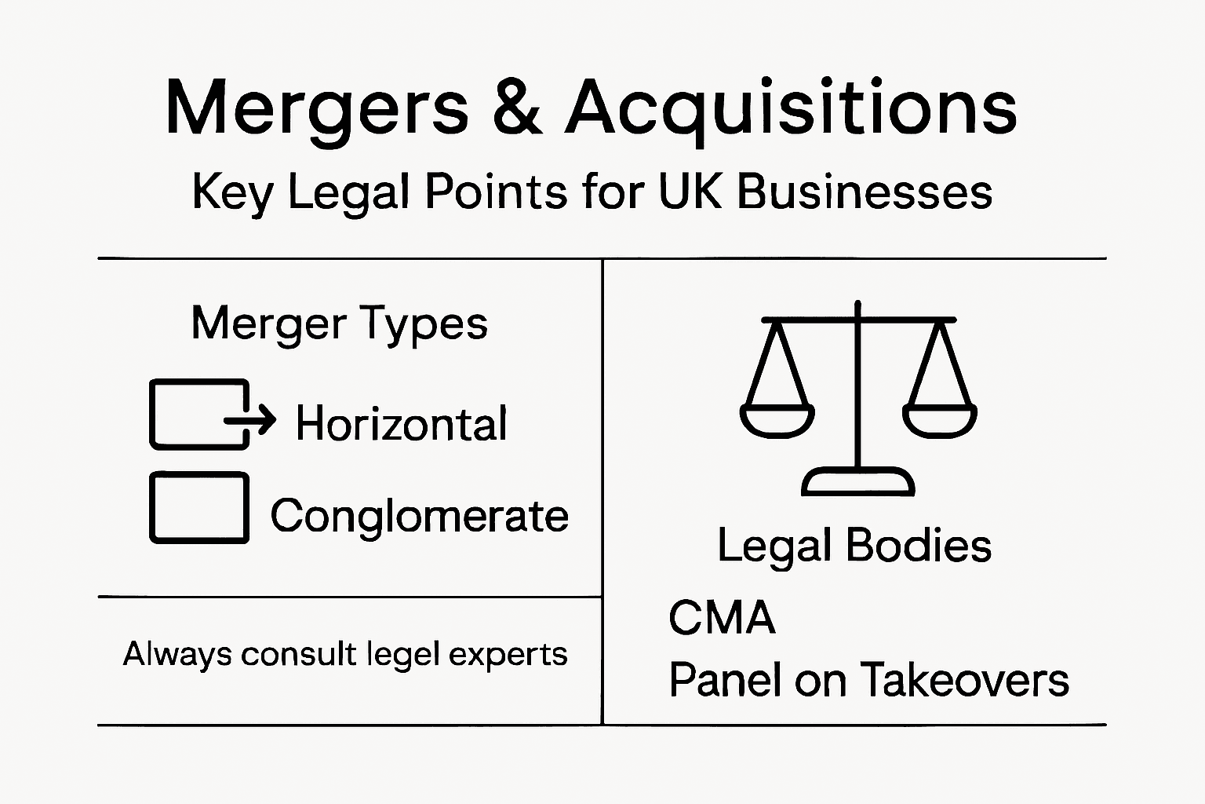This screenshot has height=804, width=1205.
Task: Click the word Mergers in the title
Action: [x=317, y=108]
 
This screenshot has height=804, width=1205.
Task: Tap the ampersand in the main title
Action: [x=517, y=107]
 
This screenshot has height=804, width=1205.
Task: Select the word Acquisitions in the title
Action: [x=791, y=108]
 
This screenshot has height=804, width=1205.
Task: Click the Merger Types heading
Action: [x=339, y=323]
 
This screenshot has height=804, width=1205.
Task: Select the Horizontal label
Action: [x=401, y=424]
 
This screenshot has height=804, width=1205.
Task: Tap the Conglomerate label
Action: [x=419, y=516]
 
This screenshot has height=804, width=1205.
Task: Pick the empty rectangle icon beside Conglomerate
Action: [x=199, y=507]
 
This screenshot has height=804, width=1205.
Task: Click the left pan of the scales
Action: [x=777, y=420]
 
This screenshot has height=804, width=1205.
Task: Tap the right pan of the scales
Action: [x=939, y=420]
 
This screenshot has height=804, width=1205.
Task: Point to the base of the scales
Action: [x=857, y=481]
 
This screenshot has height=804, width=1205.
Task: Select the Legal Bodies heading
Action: [x=854, y=546]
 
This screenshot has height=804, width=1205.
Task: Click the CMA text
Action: [x=722, y=618]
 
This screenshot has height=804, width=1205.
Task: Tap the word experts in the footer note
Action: [x=508, y=655]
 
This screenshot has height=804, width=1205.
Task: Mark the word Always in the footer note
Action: [x=177, y=655]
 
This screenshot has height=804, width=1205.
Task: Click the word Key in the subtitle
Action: [x=232, y=192]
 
